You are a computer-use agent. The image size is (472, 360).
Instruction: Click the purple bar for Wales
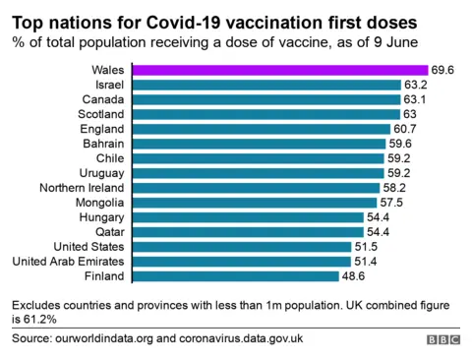point(279,70)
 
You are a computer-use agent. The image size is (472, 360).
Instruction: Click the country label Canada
point(102,99)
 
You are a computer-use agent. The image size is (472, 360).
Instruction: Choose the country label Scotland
point(99,114)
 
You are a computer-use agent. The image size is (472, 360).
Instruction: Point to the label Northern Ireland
point(82,188)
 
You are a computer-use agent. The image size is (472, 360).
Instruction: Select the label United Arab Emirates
point(68,262)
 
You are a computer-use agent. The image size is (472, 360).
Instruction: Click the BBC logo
point(442,339)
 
